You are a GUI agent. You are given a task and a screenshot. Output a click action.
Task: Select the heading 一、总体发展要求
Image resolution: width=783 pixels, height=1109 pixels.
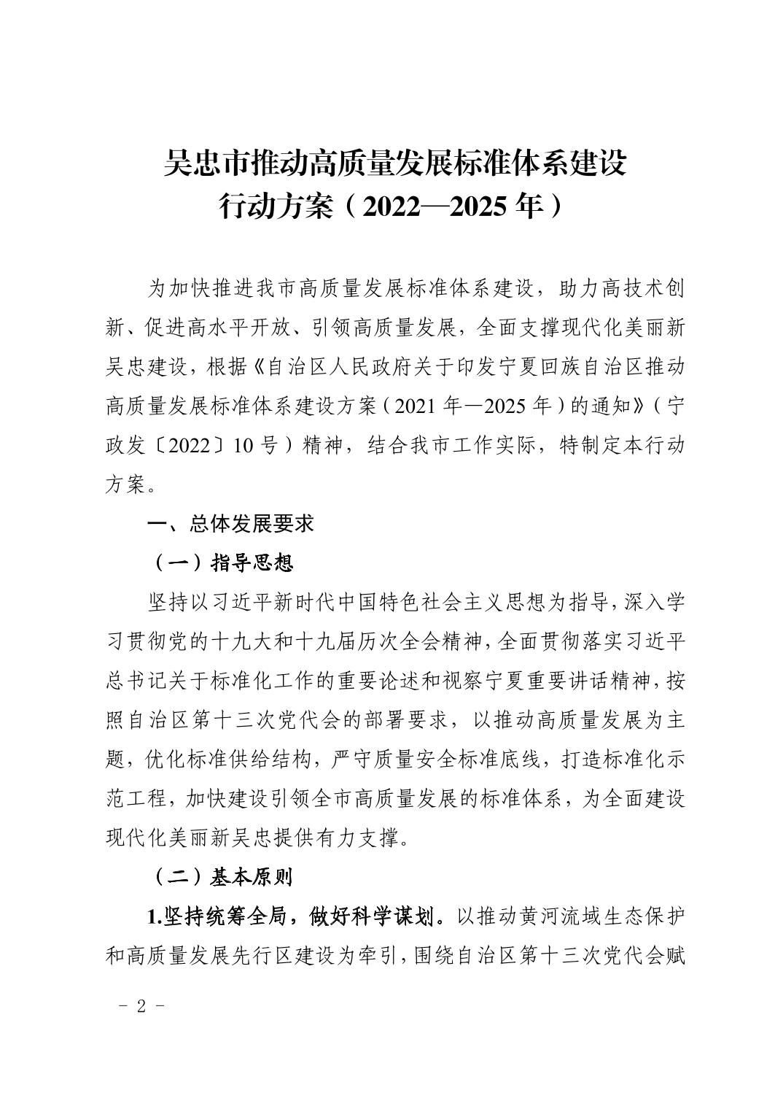[x=230, y=523]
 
